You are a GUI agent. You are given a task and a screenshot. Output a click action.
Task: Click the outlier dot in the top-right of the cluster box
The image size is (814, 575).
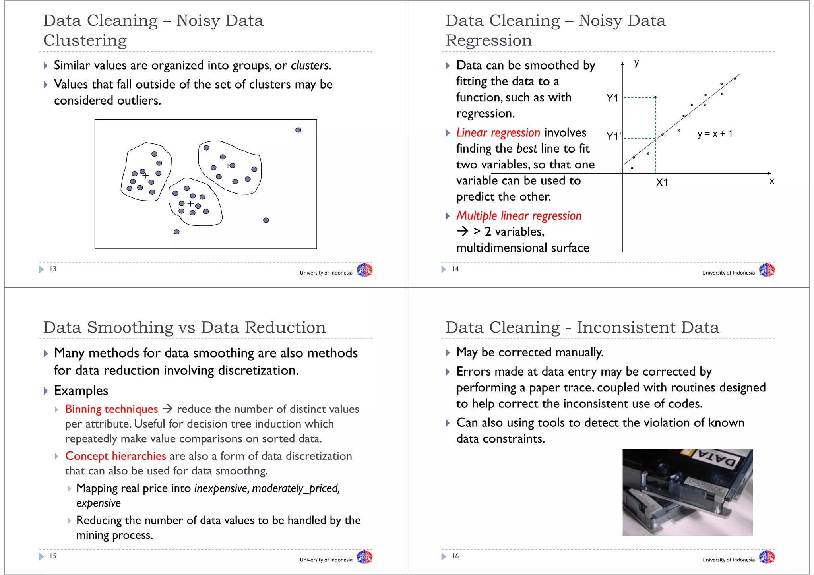coord(298,130)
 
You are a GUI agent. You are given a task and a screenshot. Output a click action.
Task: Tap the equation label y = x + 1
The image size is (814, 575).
coord(715,134)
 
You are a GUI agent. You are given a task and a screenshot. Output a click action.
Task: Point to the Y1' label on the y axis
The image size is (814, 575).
coord(613,136)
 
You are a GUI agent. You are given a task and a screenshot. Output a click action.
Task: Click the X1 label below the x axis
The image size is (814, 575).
coord(662,183)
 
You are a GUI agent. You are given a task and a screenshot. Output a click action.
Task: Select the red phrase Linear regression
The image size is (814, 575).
coord(498,132)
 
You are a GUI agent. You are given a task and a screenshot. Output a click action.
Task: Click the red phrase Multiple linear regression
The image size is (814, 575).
coord(519,216)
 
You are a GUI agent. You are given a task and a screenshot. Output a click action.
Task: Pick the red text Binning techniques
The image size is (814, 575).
coord(111,409)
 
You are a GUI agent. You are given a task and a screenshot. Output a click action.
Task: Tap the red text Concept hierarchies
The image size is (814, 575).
coord(115,456)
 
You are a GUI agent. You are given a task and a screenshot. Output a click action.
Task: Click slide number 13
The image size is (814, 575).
coord(53,269)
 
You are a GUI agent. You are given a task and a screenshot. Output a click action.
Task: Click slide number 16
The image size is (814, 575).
coord(455,556)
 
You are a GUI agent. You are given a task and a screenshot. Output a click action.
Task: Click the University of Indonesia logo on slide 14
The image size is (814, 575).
coord(766,270)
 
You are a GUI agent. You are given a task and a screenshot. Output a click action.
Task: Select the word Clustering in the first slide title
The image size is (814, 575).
coord(85,40)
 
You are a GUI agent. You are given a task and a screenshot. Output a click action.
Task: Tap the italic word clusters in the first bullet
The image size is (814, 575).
coord(310,65)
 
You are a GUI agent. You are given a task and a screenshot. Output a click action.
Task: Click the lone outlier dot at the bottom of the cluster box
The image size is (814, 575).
coord(176,232)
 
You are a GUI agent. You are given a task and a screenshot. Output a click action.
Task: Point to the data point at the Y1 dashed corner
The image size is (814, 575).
coord(655,97)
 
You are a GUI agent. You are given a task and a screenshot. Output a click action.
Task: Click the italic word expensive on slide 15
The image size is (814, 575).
coord(98,503)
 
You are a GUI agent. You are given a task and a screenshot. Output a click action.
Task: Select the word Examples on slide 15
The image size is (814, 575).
coord(81,391)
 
